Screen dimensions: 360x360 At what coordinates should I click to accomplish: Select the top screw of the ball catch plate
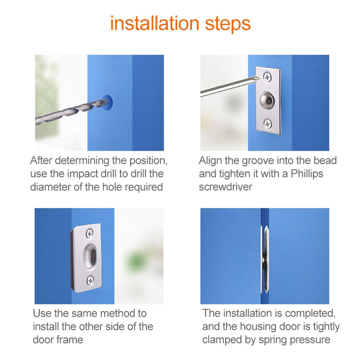click(x=268, y=76)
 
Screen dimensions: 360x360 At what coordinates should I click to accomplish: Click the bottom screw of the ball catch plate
click(x=268, y=123)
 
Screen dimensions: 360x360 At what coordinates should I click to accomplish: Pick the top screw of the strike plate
click(x=90, y=234)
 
